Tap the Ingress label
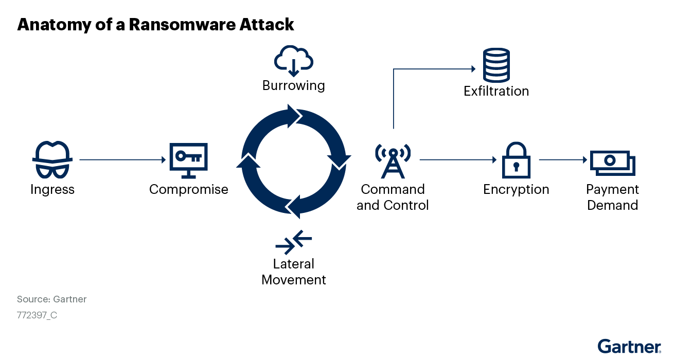coord(52,189)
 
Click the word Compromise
coord(188,189)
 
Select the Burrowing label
coord(293,85)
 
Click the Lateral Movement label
coord(294,272)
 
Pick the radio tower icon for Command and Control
coord(393,160)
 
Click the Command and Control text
coord(393,197)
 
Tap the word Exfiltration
coord(496,91)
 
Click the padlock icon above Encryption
coord(516,160)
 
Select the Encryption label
coord(516,189)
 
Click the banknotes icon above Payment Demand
coord(612,163)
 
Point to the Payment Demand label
coord(612,197)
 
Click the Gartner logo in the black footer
coord(629,347)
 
